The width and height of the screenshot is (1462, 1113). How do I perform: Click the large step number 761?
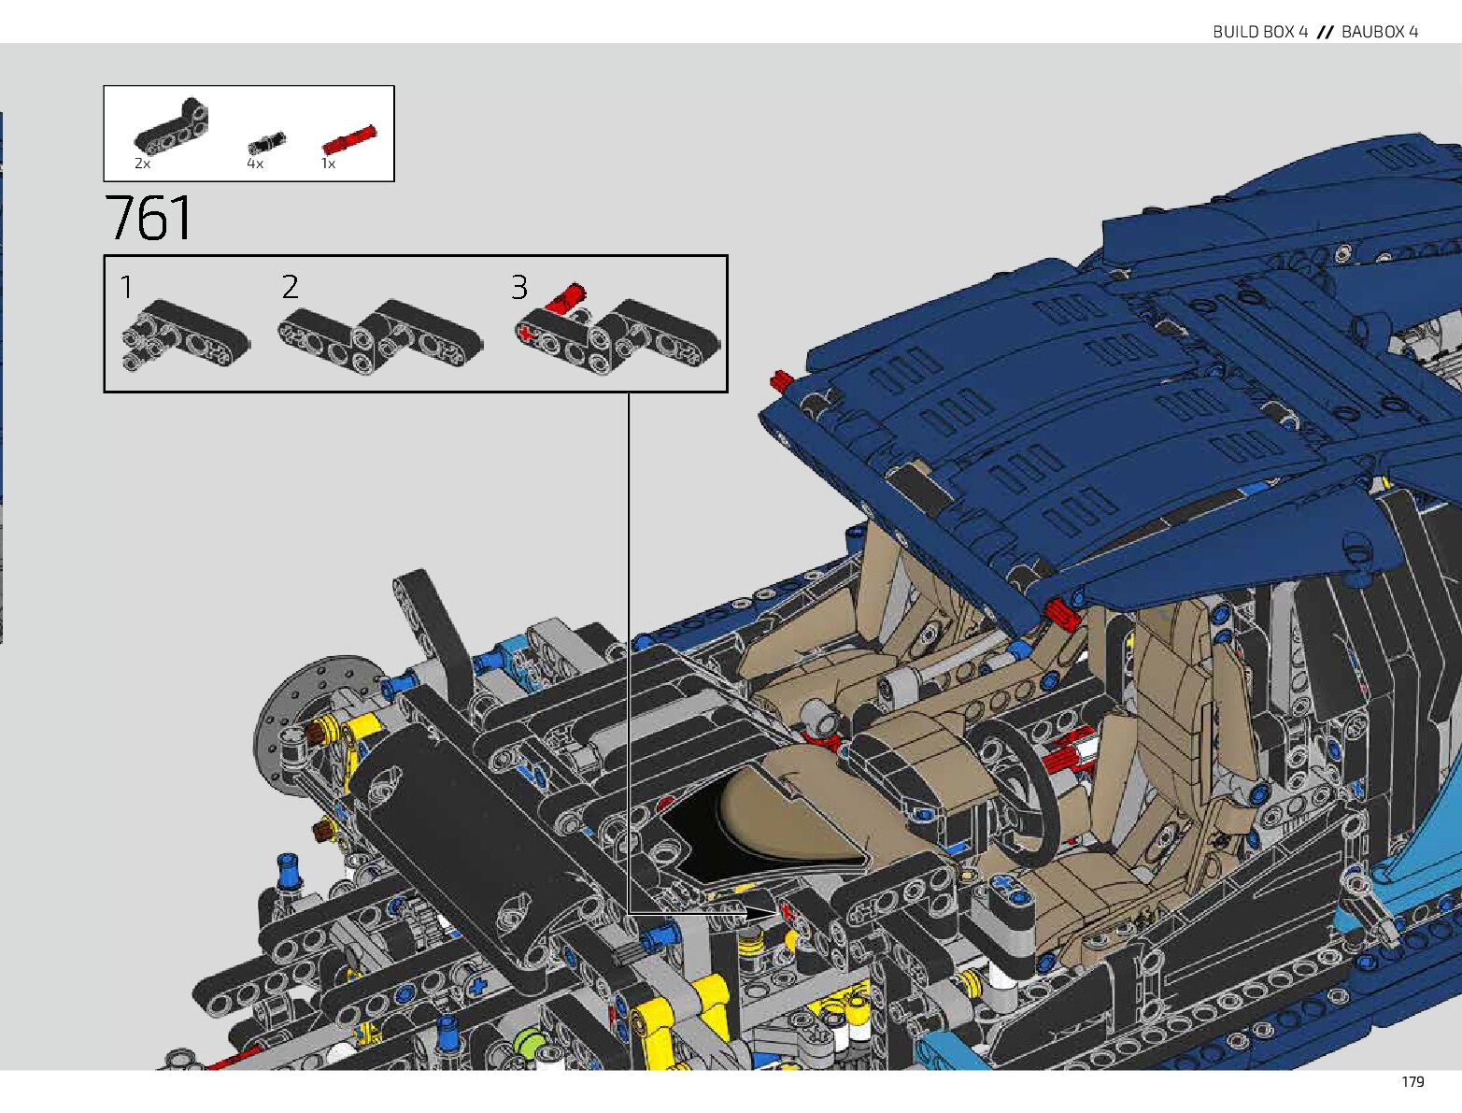(x=149, y=218)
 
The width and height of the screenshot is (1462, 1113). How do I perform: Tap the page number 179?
(x=1412, y=1081)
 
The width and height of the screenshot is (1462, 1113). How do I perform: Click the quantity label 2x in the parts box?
(x=142, y=164)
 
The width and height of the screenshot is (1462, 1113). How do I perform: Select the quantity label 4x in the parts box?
(x=255, y=164)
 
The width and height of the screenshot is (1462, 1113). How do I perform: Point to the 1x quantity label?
(x=328, y=164)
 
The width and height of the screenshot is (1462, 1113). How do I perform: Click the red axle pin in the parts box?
(x=348, y=139)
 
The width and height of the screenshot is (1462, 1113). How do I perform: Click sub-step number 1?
(x=126, y=287)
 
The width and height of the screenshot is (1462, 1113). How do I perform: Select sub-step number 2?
(x=291, y=287)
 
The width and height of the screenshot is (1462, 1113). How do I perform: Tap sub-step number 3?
(x=519, y=287)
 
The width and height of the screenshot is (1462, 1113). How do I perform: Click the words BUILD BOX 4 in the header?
(x=1259, y=32)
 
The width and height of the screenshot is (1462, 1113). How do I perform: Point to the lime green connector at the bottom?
(x=530, y=1041)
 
